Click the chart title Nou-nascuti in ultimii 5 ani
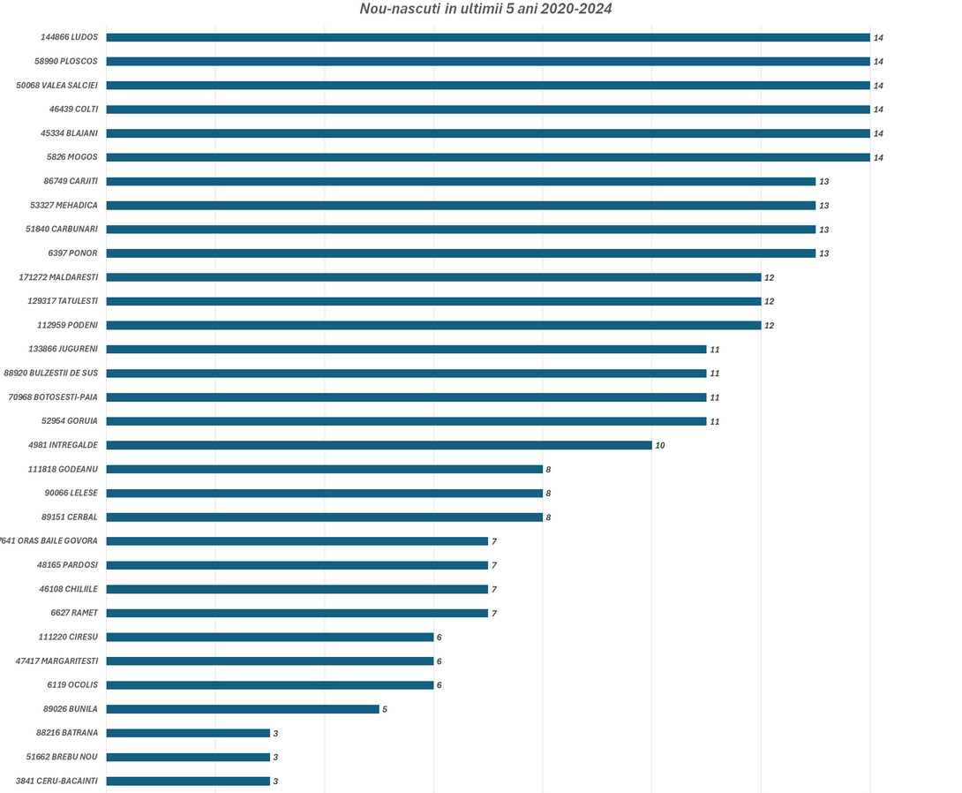point(485,9)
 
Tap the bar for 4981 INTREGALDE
point(379,445)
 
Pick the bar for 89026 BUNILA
point(243,709)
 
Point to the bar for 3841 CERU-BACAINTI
point(188,781)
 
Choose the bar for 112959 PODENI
point(433,325)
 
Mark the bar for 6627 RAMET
point(297,613)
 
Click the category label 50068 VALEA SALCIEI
point(57,86)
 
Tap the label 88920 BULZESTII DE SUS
point(51,373)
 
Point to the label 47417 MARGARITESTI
point(56,661)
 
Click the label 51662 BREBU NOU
point(62,757)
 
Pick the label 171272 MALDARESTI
point(58,277)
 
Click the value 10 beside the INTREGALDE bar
point(660,445)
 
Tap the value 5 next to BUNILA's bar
point(385,709)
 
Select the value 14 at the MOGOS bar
point(878,157)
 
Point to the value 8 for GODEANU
point(548,469)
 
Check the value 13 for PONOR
point(824,253)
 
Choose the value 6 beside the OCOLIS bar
point(439,685)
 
